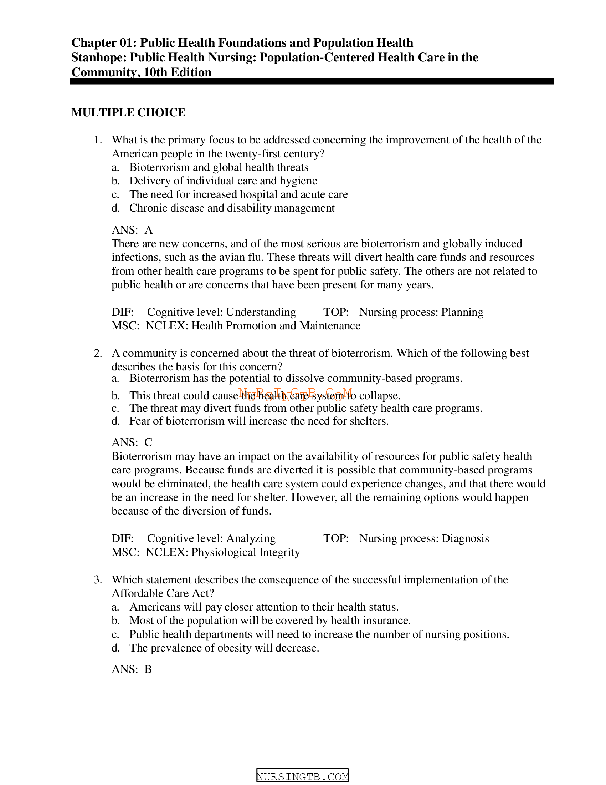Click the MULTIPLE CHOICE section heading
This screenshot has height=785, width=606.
[128, 112]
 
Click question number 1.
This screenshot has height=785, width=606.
[98, 140]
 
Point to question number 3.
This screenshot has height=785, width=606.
[98, 580]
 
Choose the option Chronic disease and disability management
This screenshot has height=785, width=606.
[232, 208]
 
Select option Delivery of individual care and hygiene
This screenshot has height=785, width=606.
[223, 181]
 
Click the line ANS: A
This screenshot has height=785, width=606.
[132, 230]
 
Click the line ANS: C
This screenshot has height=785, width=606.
[132, 442]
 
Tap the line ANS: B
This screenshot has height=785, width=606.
[132, 669]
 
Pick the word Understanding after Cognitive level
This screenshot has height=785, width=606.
[261, 312]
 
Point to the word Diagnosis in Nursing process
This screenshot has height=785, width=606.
[465, 538]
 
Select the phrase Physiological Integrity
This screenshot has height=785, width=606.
[246, 552]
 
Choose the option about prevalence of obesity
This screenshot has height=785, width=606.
[224, 648]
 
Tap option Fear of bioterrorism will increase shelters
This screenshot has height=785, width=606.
[259, 421]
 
